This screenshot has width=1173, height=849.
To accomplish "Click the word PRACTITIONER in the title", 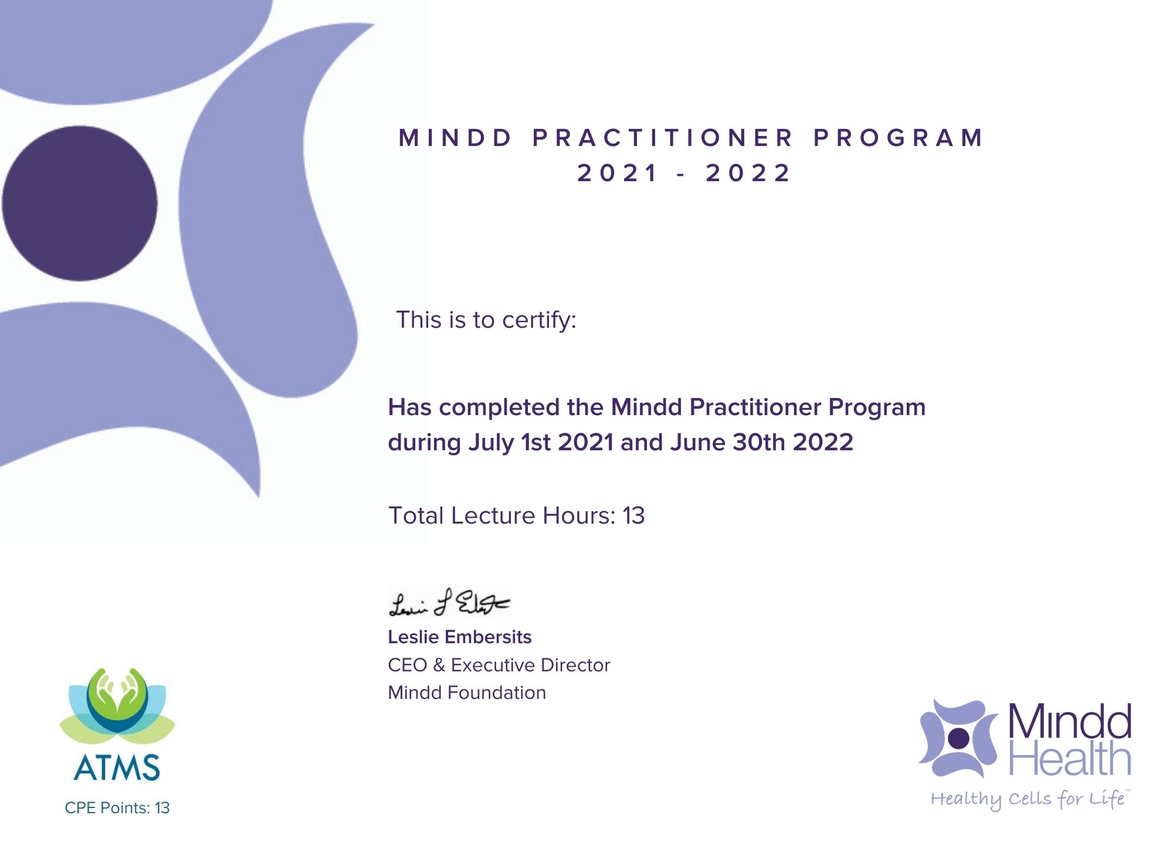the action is (663, 138).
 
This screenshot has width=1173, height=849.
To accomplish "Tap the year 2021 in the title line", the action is (618, 173).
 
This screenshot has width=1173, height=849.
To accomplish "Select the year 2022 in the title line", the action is (748, 173).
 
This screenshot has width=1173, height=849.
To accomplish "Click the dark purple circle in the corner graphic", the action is (80, 203).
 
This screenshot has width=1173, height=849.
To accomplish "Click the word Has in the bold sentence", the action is (409, 407).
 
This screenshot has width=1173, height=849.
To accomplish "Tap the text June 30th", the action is (727, 442).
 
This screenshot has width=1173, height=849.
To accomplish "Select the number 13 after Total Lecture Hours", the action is (633, 516).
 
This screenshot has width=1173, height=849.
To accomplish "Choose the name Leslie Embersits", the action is (460, 637).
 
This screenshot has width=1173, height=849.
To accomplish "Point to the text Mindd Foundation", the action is (467, 692).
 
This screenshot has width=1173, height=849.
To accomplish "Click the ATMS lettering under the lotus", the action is (117, 768).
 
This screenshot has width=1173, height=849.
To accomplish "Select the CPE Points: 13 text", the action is (117, 808).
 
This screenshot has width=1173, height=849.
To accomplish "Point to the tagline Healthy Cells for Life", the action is (1029, 799).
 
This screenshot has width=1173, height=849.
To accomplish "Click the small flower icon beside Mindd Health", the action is (958, 738).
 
